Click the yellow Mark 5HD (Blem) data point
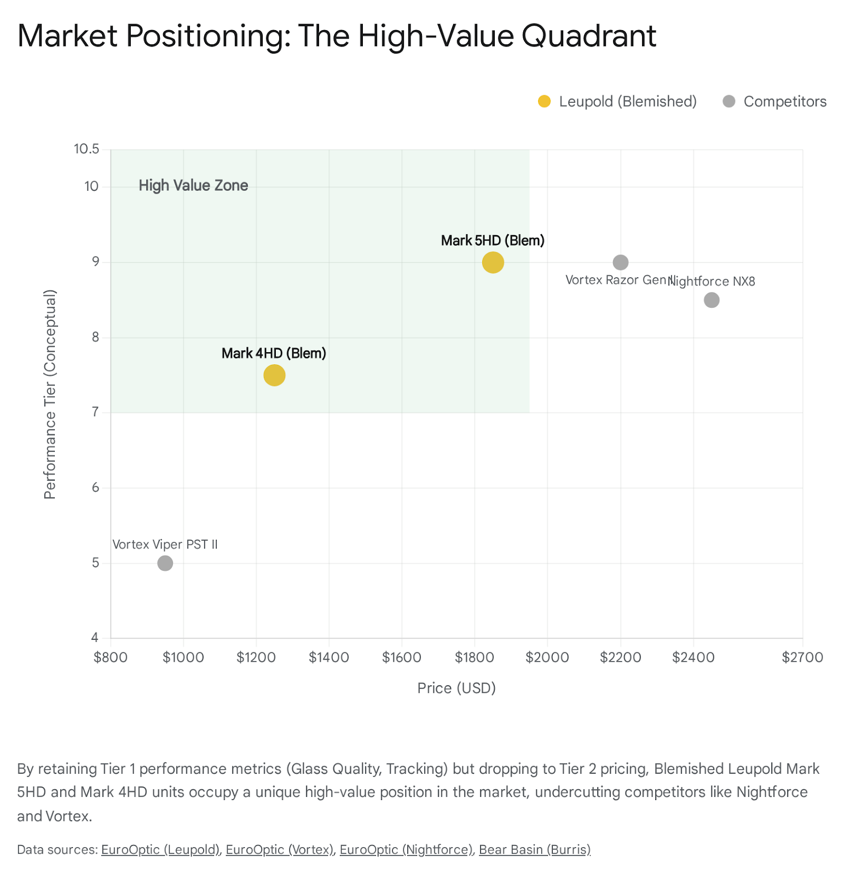[493, 262]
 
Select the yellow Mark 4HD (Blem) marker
[274, 375]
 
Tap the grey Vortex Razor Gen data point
[620, 262]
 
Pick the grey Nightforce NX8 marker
[711, 300]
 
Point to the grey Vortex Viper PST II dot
[165, 563]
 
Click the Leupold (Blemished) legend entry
[617, 102]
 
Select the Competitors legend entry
[774, 102]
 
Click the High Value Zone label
[193, 185]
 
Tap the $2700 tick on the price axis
[802, 657]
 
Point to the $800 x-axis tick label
[111, 657]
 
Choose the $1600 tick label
[401, 657]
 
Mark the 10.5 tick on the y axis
[87, 149]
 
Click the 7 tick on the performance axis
[95, 412]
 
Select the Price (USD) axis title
[456, 688]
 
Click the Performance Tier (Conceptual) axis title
[50, 394]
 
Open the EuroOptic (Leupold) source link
[160, 849]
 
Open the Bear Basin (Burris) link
[534, 849]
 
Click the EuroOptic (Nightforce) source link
[406, 849]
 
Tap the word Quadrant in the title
[588, 36]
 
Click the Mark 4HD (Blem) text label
[274, 353]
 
